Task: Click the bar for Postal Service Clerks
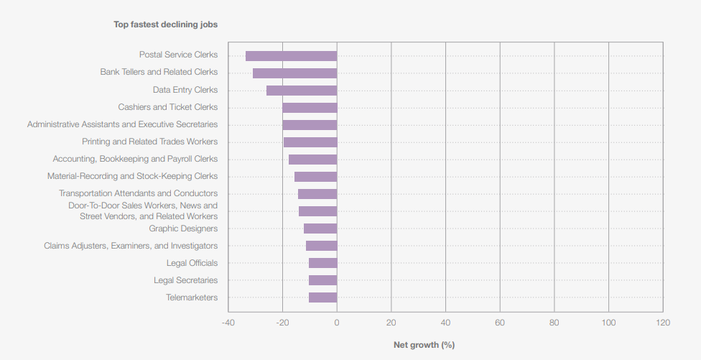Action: (291, 55)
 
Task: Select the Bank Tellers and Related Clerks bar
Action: (294, 73)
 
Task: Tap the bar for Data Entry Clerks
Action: (302, 91)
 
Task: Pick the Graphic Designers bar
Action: (320, 229)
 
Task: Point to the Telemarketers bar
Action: (322, 297)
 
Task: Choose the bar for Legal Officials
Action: (322, 263)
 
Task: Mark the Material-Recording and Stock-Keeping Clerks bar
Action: (315, 177)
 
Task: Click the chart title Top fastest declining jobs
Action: (165, 24)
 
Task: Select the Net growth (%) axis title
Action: (424, 345)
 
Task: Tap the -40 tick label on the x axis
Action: (228, 323)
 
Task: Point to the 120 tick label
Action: (663, 323)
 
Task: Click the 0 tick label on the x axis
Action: (337, 323)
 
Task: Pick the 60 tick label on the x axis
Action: (500, 323)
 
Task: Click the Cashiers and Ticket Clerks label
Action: (167, 107)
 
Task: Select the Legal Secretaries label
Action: (185, 280)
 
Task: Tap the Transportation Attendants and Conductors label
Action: (138, 193)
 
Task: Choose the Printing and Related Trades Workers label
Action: (149, 142)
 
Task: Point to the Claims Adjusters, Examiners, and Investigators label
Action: (131, 246)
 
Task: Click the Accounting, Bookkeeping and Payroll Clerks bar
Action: (312, 160)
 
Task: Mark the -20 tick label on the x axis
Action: (282, 323)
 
